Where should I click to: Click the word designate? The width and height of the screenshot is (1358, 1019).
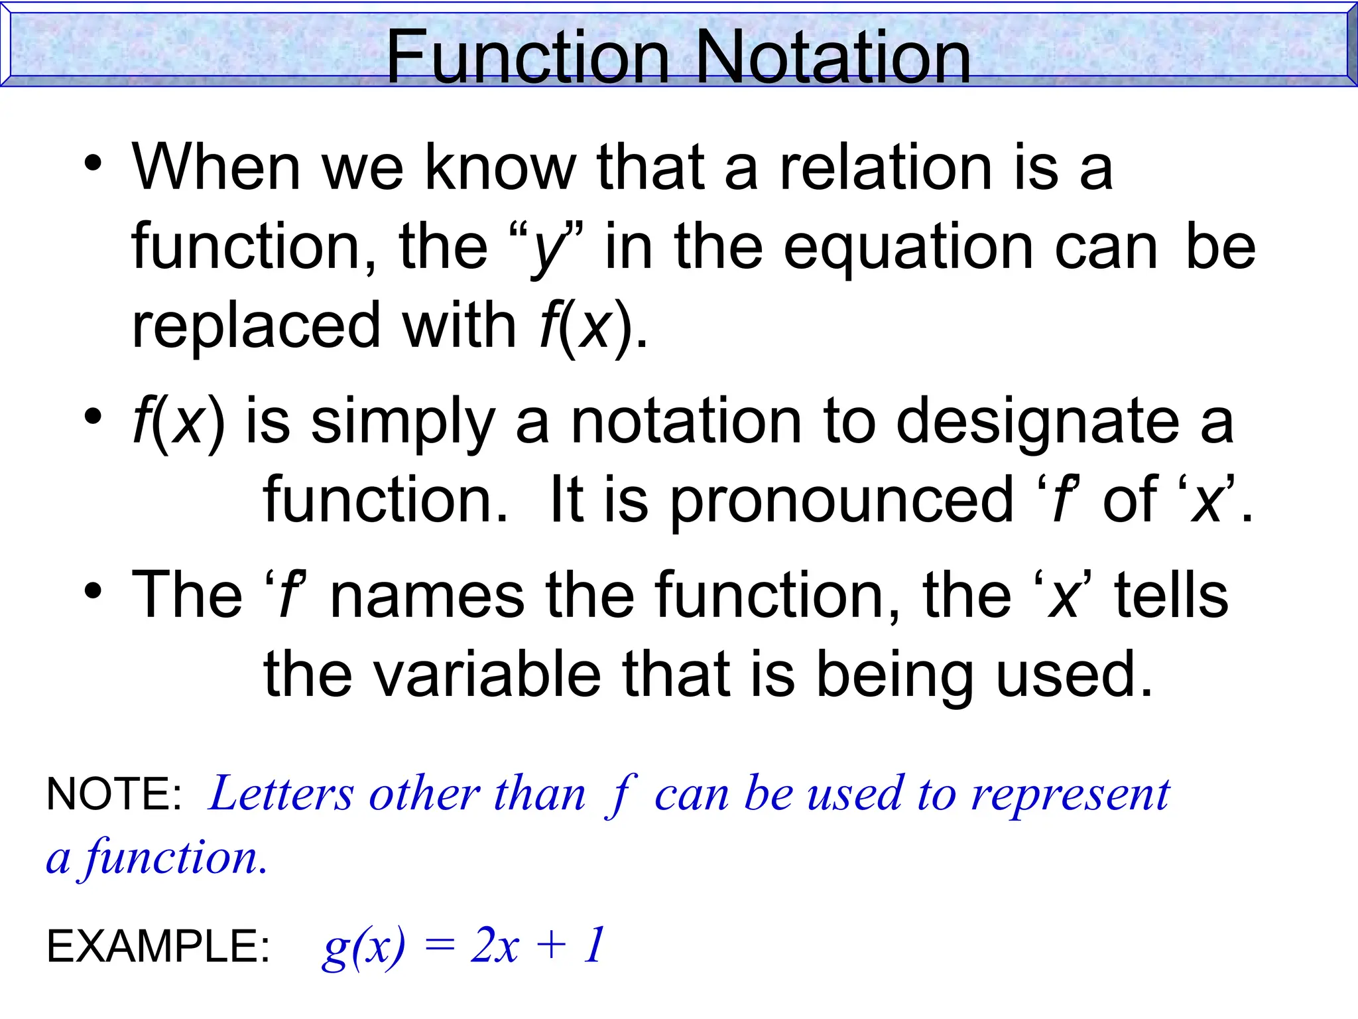[1038, 423]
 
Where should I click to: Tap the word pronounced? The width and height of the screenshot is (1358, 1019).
[842, 501]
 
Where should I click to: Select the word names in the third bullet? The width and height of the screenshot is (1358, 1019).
[427, 595]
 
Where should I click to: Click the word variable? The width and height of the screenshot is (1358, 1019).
[487, 675]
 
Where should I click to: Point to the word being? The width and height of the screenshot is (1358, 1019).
[895, 675]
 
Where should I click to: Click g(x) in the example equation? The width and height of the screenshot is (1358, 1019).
[363, 947]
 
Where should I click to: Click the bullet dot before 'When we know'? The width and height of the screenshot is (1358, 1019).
[93, 163]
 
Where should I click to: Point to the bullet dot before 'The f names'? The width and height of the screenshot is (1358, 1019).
[93, 590]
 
